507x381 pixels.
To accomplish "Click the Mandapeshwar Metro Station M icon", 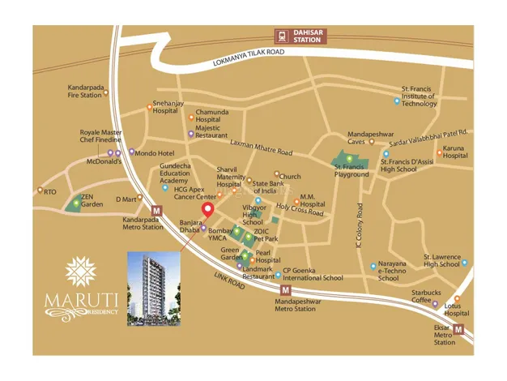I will point(285,290).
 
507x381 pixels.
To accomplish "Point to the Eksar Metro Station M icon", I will point(459,329).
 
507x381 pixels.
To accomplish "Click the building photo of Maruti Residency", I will point(155,288).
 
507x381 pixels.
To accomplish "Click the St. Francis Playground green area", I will point(351,164).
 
